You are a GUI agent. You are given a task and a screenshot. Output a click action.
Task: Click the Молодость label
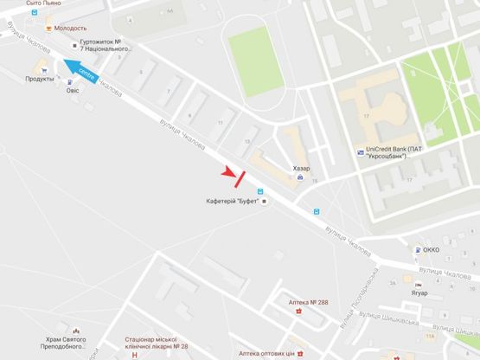pyautogui.click(x=71, y=28)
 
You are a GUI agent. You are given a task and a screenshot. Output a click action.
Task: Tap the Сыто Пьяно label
pyautogui.click(x=44, y=3)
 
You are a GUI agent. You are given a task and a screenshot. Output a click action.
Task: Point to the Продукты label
pyautogui.click(x=40, y=79)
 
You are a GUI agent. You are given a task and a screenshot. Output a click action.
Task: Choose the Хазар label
pyautogui.click(x=301, y=168)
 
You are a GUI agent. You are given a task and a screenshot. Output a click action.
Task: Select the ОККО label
pyautogui.click(x=431, y=249)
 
